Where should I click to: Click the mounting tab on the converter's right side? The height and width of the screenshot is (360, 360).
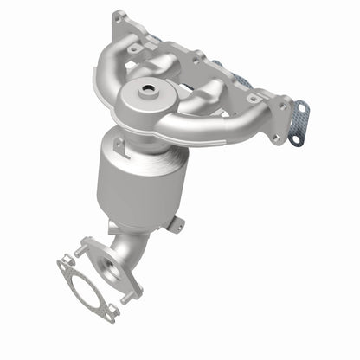(x=177, y=223)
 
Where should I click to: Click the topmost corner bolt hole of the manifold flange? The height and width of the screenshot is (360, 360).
(x=119, y=16)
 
